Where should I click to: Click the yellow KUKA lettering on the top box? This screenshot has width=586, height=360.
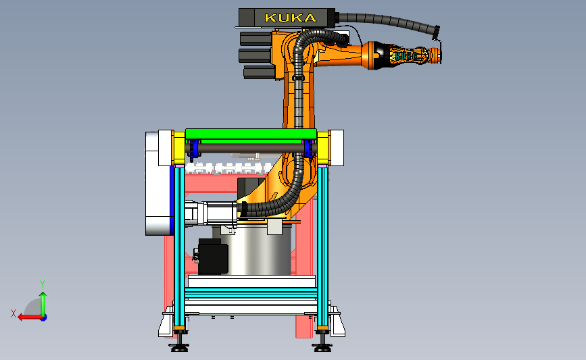291,18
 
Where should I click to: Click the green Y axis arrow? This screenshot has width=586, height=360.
43,304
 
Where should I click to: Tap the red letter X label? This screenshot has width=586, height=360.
14,313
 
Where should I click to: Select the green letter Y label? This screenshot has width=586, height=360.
43,284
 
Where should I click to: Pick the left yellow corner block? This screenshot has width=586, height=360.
178,149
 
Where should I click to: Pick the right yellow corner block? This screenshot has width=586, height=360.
323,149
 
